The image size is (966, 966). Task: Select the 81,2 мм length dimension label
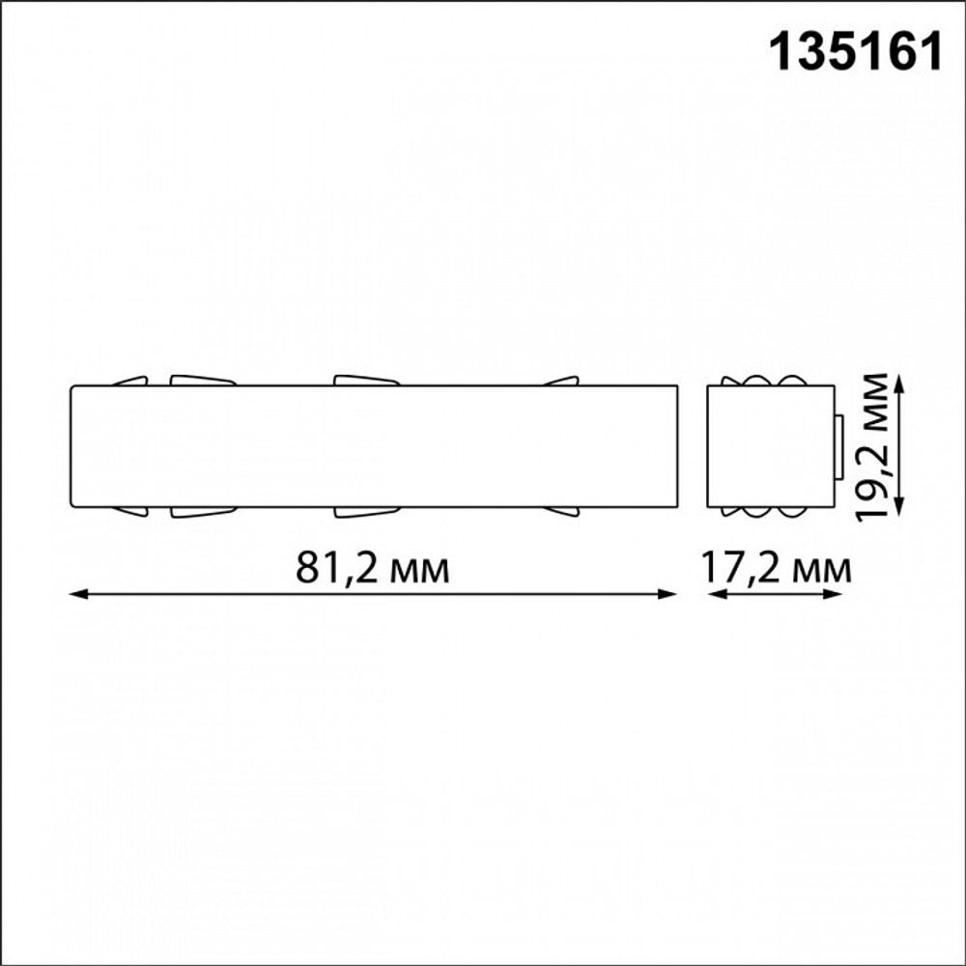(x=372, y=568)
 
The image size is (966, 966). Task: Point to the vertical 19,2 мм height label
(x=877, y=445)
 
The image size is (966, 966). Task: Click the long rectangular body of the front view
(x=374, y=445)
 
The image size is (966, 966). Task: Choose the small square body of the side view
(x=770, y=445)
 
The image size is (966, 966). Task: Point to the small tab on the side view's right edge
(x=838, y=446)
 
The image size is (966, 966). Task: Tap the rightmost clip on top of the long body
(x=562, y=382)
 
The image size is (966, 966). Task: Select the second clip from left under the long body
(x=203, y=511)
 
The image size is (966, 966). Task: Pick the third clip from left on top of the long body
(x=366, y=380)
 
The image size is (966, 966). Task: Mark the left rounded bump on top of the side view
(x=753, y=380)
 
